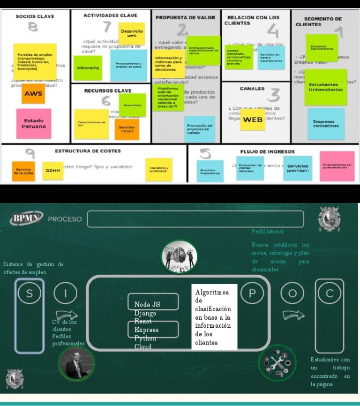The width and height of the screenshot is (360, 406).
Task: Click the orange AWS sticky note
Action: [33, 93]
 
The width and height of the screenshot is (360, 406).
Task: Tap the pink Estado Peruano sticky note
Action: [34, 124]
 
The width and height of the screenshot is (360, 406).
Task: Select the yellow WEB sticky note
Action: [253, 120]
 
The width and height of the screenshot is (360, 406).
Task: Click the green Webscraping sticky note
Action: [88, 68]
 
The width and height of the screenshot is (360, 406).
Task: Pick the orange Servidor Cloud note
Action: [127, 129]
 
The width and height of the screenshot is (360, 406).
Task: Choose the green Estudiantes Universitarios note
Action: [326, 87]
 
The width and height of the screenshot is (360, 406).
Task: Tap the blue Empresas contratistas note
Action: [326, 124]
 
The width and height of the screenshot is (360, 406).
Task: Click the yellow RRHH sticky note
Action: [52, 171]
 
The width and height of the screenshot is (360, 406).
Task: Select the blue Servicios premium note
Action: [298, 168]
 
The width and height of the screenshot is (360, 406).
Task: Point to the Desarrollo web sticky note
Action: [132, 34]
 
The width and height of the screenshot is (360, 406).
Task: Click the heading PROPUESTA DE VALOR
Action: [185, 17]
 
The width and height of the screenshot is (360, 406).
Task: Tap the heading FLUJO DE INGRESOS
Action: [267, 152]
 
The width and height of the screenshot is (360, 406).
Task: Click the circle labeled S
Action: [30, 293]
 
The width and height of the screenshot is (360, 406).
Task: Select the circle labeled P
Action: [252, 293]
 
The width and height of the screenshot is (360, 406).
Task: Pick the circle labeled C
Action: [330, 293]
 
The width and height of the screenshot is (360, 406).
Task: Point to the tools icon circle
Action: [277, 362]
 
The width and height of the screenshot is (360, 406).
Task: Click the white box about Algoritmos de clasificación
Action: [214, 317]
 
